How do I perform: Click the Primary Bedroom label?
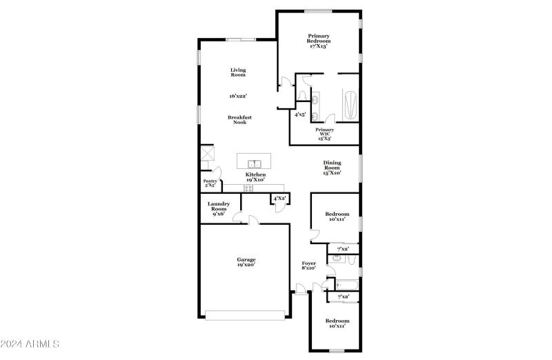[318, 41]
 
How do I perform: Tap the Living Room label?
[238, 72]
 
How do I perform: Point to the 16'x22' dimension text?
[238, 97]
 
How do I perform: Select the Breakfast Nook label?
[239, 120]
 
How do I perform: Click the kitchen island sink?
[254, 163]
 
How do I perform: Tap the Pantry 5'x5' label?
[210, 183]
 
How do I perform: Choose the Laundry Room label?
[219, 208]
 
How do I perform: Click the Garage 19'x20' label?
[246, 262]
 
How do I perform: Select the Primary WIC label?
[324, 134]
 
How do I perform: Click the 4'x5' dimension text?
[301, 115]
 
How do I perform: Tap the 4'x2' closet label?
[279, 199]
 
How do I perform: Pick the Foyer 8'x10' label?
[308, 266]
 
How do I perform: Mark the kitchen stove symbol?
[248, 188]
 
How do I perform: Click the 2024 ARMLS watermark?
[32, 343]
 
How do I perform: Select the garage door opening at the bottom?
[246, 315]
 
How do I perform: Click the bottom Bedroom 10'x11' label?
[337, 323]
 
